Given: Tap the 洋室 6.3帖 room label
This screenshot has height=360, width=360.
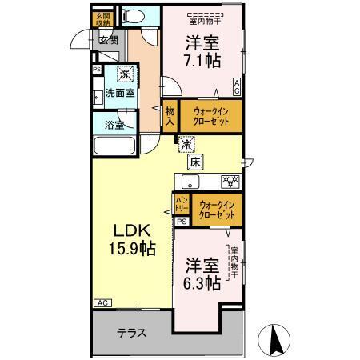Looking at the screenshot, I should click(x=202, y=274).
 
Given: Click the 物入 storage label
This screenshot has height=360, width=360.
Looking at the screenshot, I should click(x=170, y=115).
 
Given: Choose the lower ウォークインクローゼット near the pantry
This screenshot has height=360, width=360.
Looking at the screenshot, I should click(x=216, y=210).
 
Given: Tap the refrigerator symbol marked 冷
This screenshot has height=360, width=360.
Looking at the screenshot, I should click(x=186, y=146).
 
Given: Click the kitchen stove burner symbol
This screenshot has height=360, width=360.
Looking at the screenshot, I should click(x=228, y=181).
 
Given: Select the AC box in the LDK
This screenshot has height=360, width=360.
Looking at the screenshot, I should click(x=102, y=303).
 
